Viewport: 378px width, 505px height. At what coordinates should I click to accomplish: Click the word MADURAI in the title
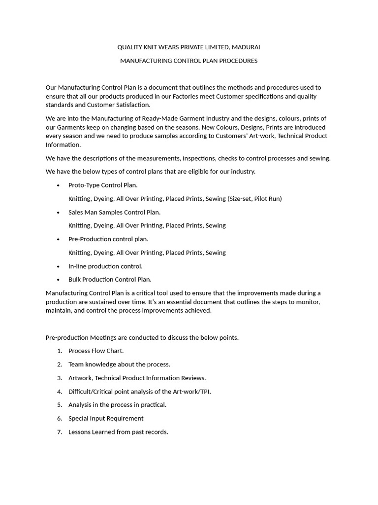[x=246, y=47]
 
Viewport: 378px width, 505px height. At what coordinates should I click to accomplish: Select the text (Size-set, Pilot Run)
[x=254, y=199]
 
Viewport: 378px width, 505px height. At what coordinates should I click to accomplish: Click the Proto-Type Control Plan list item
[x=103, y=185]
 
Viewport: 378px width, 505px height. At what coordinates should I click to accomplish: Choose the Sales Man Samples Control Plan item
[x=114, y=212]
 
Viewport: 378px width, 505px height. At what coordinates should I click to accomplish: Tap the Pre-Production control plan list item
[x=108, y=239]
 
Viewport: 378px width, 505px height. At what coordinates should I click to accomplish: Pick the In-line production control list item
[x=105, y=266]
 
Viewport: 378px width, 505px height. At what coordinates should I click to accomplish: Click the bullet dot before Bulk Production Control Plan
[x=58, y=280]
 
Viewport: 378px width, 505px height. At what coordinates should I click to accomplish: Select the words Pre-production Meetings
[x=78, y=338]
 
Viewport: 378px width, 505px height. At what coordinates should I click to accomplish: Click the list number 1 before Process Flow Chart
[x=59, y=351]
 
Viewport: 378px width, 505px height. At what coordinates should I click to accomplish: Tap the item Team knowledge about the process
[x=119, y=364]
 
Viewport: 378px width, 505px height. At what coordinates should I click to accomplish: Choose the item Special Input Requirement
[x=106, y=418]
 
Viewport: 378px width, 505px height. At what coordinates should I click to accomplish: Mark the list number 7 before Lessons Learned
[x=59, y=432]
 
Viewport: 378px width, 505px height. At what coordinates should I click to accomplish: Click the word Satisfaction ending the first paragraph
[x=132, y=105]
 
